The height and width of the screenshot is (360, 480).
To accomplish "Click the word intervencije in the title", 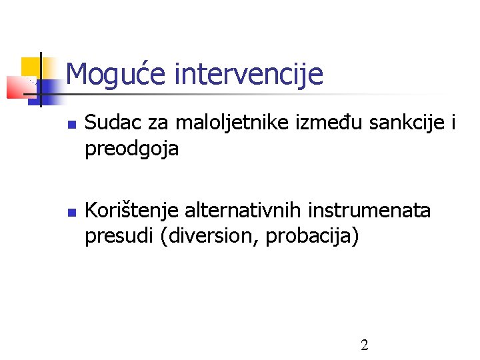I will pyautogui.click(x=248, y=74).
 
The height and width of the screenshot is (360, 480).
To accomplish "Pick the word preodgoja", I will pyautogui.click(x=131, y=149).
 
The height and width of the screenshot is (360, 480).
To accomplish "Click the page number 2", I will pyautogui.click(x=364, y=345).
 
